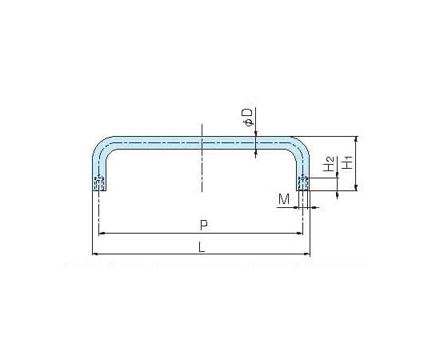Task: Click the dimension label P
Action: (x=204, y=226)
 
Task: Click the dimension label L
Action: (x=202, y=247)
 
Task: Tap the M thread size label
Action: (x=284, y=199)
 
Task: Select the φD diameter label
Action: (x=248, y=117)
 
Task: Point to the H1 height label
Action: (x=348, y=162)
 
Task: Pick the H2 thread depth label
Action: (x=330, y=164)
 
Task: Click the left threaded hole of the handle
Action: (x=99, y=183)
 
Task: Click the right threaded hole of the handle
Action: (x=303, y=183)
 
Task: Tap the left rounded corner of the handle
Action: (x=101, y=145)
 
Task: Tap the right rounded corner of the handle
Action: (x=301, y=145)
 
